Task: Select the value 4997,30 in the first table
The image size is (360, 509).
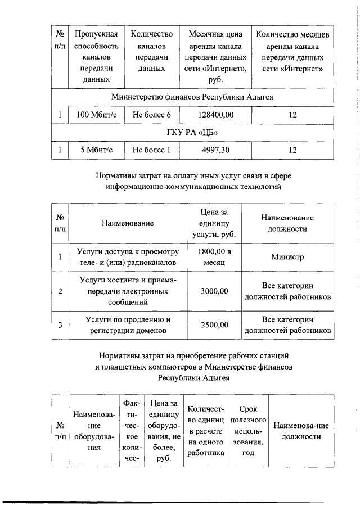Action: (216, 150)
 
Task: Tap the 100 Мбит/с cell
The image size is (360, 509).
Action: (96, 115)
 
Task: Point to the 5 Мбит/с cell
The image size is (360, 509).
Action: (96, 150)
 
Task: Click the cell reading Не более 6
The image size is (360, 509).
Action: (151, 115)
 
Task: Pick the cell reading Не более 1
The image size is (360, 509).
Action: (151, 150)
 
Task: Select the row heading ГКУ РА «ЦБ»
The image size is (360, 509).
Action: (192, 132)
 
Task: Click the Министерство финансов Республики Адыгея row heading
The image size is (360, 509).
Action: (192, 97)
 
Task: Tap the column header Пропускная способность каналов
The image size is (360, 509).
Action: (96, 57)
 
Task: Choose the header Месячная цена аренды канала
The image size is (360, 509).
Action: (216, 57)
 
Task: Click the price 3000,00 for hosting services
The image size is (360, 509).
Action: (214, 291)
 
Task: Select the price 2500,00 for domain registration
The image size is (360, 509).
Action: (214, 325)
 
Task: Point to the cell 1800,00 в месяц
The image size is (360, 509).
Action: (214, 257)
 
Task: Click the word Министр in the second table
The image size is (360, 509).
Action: (287, 257)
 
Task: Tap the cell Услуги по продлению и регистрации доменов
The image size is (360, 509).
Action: (128, 325)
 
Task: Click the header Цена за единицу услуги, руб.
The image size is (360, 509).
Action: (214, 223)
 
